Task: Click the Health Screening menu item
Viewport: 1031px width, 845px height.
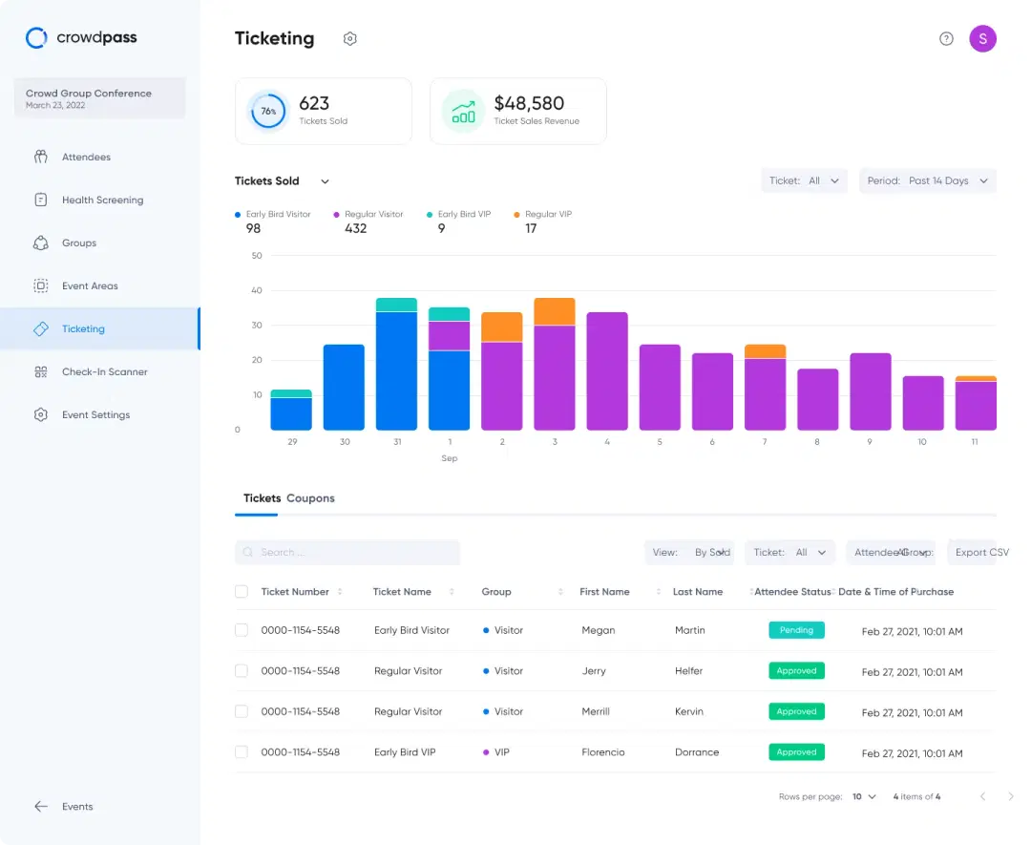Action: pos(102,201)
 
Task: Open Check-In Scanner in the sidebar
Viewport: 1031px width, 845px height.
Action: pos(104,372)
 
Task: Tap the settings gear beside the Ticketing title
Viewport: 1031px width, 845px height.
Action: pos(350,39)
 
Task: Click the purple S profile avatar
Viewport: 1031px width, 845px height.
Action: pos(982,38)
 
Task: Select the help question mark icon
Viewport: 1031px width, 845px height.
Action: pos(946,39)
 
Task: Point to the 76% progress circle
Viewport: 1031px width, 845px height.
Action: pos(268,112)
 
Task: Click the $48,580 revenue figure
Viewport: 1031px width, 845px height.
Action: pos(529,103)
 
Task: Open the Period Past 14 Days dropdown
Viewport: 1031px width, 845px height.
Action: pos(928,181)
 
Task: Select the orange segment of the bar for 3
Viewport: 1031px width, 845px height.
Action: pos(554,311)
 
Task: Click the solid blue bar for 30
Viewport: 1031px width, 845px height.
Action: pos(344,387)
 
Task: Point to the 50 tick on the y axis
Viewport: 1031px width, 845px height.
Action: pos(257,256)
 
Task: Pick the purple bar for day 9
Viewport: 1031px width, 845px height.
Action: pos(870,391)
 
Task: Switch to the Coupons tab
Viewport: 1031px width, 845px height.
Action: pos(310,498)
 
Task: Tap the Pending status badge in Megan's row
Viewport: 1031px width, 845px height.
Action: pos(796,630)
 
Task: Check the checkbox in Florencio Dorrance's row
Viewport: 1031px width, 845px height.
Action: pos(242,752)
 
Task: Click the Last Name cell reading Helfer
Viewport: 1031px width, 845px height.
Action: pos(688,671)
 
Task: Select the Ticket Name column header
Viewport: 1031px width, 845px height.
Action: pos(402,592)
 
